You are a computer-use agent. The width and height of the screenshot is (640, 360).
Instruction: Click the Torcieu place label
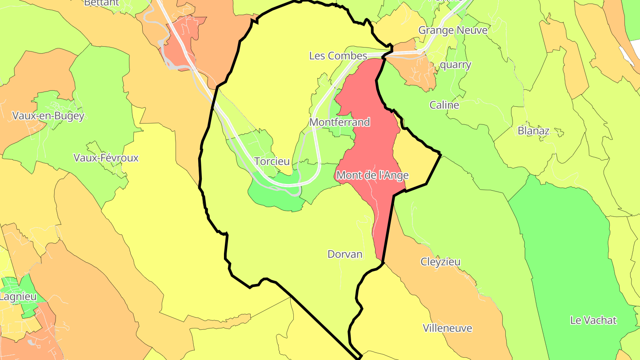272,161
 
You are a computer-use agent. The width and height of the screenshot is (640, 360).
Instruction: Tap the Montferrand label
340,122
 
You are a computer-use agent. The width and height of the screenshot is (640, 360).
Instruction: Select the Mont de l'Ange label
372,175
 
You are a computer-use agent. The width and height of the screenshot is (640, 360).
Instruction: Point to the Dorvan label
345,254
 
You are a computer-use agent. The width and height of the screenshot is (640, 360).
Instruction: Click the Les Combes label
338,56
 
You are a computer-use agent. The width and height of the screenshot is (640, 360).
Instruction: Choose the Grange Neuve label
453,30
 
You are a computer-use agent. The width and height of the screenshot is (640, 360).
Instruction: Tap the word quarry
455,64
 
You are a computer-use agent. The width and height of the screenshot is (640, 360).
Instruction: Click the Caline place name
444,105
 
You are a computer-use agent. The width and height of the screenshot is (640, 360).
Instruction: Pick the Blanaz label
533,131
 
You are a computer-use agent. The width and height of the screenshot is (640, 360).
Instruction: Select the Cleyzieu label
440,262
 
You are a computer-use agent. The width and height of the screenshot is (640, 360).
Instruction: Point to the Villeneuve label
447,328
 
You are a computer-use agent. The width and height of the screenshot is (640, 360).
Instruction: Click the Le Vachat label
593,320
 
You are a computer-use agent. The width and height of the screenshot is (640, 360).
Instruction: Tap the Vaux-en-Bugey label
48,116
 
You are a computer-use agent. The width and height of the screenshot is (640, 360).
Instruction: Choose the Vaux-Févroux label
106,158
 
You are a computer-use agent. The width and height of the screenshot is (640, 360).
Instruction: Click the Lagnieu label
18,296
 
